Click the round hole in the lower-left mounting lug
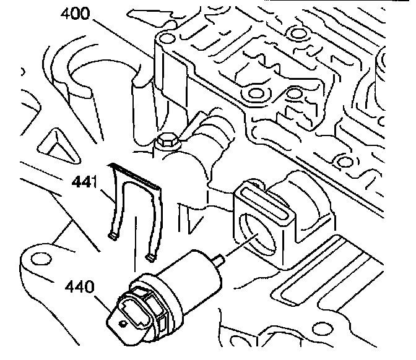38,258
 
